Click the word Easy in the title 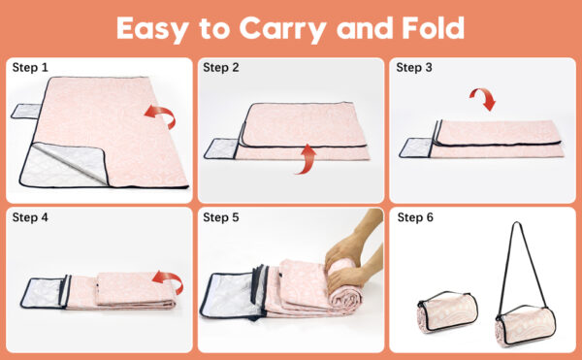click(x=152, y=29)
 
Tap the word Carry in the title click(x=282, y=29)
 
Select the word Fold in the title click(x=433, y=28)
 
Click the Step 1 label click(x=30, y=68)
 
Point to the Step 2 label click(x=221, y=68)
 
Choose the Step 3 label click(x=414, y=68)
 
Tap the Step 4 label click(x=30, y=217)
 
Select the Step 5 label click(x=221, y=217)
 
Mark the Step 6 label click(x=415, y=217)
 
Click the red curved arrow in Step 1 click(x=163, y=113)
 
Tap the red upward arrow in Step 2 click(x=307, y=160)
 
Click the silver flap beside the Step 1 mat click(x=27, y=111)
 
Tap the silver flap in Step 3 click(x=416, y=147)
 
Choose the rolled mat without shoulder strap click(x=447, y=311)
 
